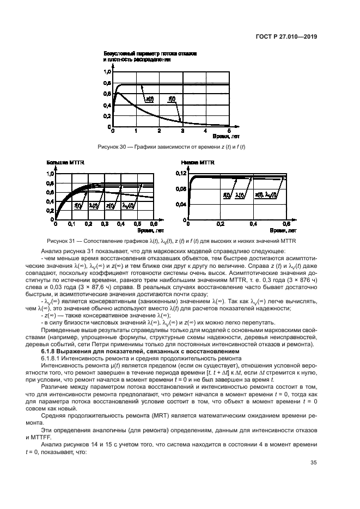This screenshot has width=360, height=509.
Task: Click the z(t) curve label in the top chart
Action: (x=149, y=99)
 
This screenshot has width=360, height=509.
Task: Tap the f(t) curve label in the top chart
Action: (x=172, y=99)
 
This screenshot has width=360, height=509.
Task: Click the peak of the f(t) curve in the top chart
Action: (x=117, y=93)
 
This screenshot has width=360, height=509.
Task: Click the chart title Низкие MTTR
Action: (x=199, y=162)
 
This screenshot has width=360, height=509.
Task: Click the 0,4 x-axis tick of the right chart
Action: (x=253, y=224)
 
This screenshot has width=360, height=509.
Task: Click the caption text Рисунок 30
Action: (x=112, y=147)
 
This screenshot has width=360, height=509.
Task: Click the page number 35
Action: (x=313, y=463)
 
